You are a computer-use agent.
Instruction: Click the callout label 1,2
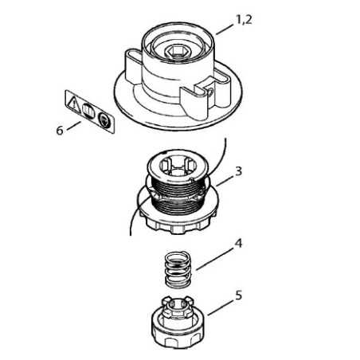pos(244,20)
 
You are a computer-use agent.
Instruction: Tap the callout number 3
pos(239,171)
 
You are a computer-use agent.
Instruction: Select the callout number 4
pos(239,243)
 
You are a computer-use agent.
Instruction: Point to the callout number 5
pos(239,295)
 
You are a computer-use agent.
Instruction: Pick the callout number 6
pos(60,131)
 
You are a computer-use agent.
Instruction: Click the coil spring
pos(178,269)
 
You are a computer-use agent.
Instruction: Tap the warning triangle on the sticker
pos(74,104)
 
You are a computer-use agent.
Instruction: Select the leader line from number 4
pos(214,260)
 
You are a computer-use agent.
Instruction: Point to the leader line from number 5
pos(221,307)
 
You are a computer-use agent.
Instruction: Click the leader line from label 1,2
pos(225,29)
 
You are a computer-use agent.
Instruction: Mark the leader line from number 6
pos(74,126)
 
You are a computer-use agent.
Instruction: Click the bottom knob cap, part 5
pos(177,323)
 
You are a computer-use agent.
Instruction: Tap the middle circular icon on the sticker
pos(88,111)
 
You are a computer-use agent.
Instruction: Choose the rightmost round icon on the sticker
pos(103,120)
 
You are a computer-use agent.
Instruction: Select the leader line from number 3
pos(225,181)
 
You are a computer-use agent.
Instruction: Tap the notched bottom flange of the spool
pos(178,221)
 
